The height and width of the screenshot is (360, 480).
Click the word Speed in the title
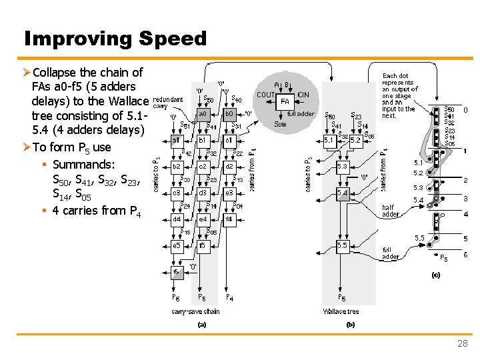pos(173,39)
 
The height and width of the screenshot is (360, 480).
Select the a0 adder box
pos(202,114)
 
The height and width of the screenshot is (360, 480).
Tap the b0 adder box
pos(228,114)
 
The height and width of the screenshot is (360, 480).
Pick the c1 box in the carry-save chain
pos(228,141)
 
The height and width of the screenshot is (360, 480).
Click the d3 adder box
pos(202,193)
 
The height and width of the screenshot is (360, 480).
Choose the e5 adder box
pos(177,246)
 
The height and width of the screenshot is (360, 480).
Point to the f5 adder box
pos(202,246)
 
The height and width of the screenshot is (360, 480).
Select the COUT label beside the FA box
pos(267,95)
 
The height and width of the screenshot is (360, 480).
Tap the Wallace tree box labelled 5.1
pos(329,141)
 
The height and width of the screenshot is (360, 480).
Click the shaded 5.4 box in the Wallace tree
pos(342,193)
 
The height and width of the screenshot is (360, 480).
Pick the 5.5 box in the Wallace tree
pos(342,246)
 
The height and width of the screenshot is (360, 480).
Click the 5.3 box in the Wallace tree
pos(342,167)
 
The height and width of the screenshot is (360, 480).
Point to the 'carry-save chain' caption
pos(195,311)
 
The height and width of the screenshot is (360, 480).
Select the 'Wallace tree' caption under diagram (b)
pos(341,311)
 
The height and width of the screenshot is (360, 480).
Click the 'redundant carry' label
pos(168,102)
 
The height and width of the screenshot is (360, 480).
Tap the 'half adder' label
pos(391,211)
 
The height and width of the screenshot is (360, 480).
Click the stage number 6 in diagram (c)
pos(465,255)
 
